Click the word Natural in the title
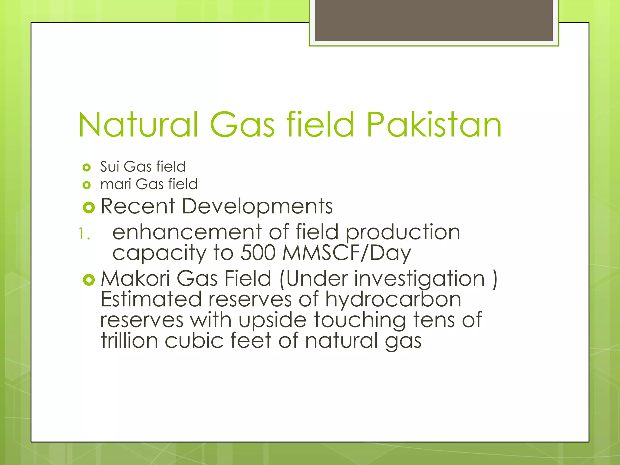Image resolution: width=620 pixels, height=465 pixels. tap(138, 124)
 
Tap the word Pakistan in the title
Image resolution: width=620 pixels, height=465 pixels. tap(434, 124)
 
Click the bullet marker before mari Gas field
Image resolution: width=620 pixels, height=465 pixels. tap(87, 185)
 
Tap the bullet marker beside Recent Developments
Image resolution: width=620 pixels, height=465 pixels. tap(89, 207)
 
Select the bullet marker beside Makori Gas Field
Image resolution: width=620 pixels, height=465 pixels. tap(89, 280)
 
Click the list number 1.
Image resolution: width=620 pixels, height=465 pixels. tap(84, 234)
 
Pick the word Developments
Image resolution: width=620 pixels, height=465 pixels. tap(257, 206)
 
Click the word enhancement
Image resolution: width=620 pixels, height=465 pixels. tap(187, 232)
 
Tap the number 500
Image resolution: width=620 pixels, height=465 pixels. tap(258, 253)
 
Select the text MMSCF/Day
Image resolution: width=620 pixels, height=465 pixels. tap(346, 253)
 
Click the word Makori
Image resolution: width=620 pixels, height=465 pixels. tap(135, 279)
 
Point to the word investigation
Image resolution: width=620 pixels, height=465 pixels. tap(419, 279)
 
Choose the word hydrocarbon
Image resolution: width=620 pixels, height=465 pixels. tap(393, 299)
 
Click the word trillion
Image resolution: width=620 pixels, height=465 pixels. tap(129, 341)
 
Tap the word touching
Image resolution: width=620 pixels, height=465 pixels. tap(360, 320)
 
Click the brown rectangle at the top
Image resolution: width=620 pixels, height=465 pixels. tap(434, 20)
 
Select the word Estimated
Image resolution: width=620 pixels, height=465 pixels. tap(151, 299)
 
